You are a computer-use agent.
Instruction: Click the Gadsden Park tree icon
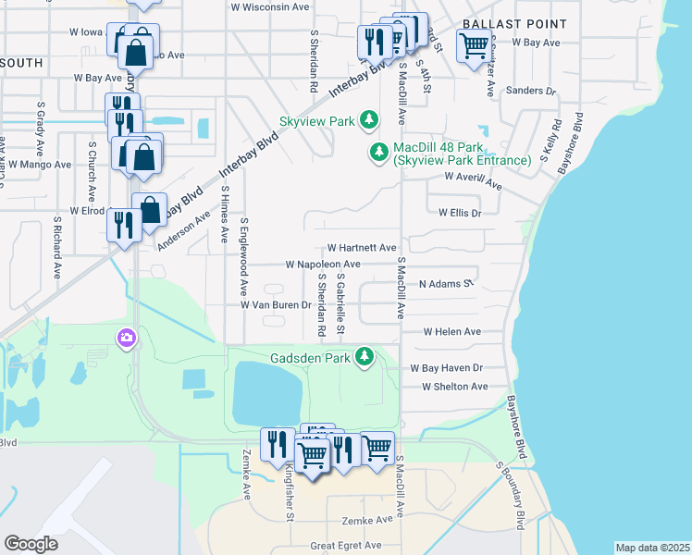pos(365,356)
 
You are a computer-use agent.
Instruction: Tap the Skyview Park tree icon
pos(369,120)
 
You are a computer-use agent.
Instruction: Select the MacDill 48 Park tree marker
pos(378,152)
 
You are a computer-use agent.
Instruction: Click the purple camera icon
pos(125,339)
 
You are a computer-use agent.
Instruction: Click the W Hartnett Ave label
pos(362,248)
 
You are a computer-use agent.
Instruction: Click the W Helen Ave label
pos(452,331)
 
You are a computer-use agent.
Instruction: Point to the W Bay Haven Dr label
pos(448,367)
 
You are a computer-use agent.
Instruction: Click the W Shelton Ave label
pos(454,387)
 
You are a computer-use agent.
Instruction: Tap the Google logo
pos(31,544)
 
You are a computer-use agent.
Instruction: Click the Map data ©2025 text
pos(652,548)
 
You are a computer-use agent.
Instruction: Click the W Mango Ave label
pos(40,165)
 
